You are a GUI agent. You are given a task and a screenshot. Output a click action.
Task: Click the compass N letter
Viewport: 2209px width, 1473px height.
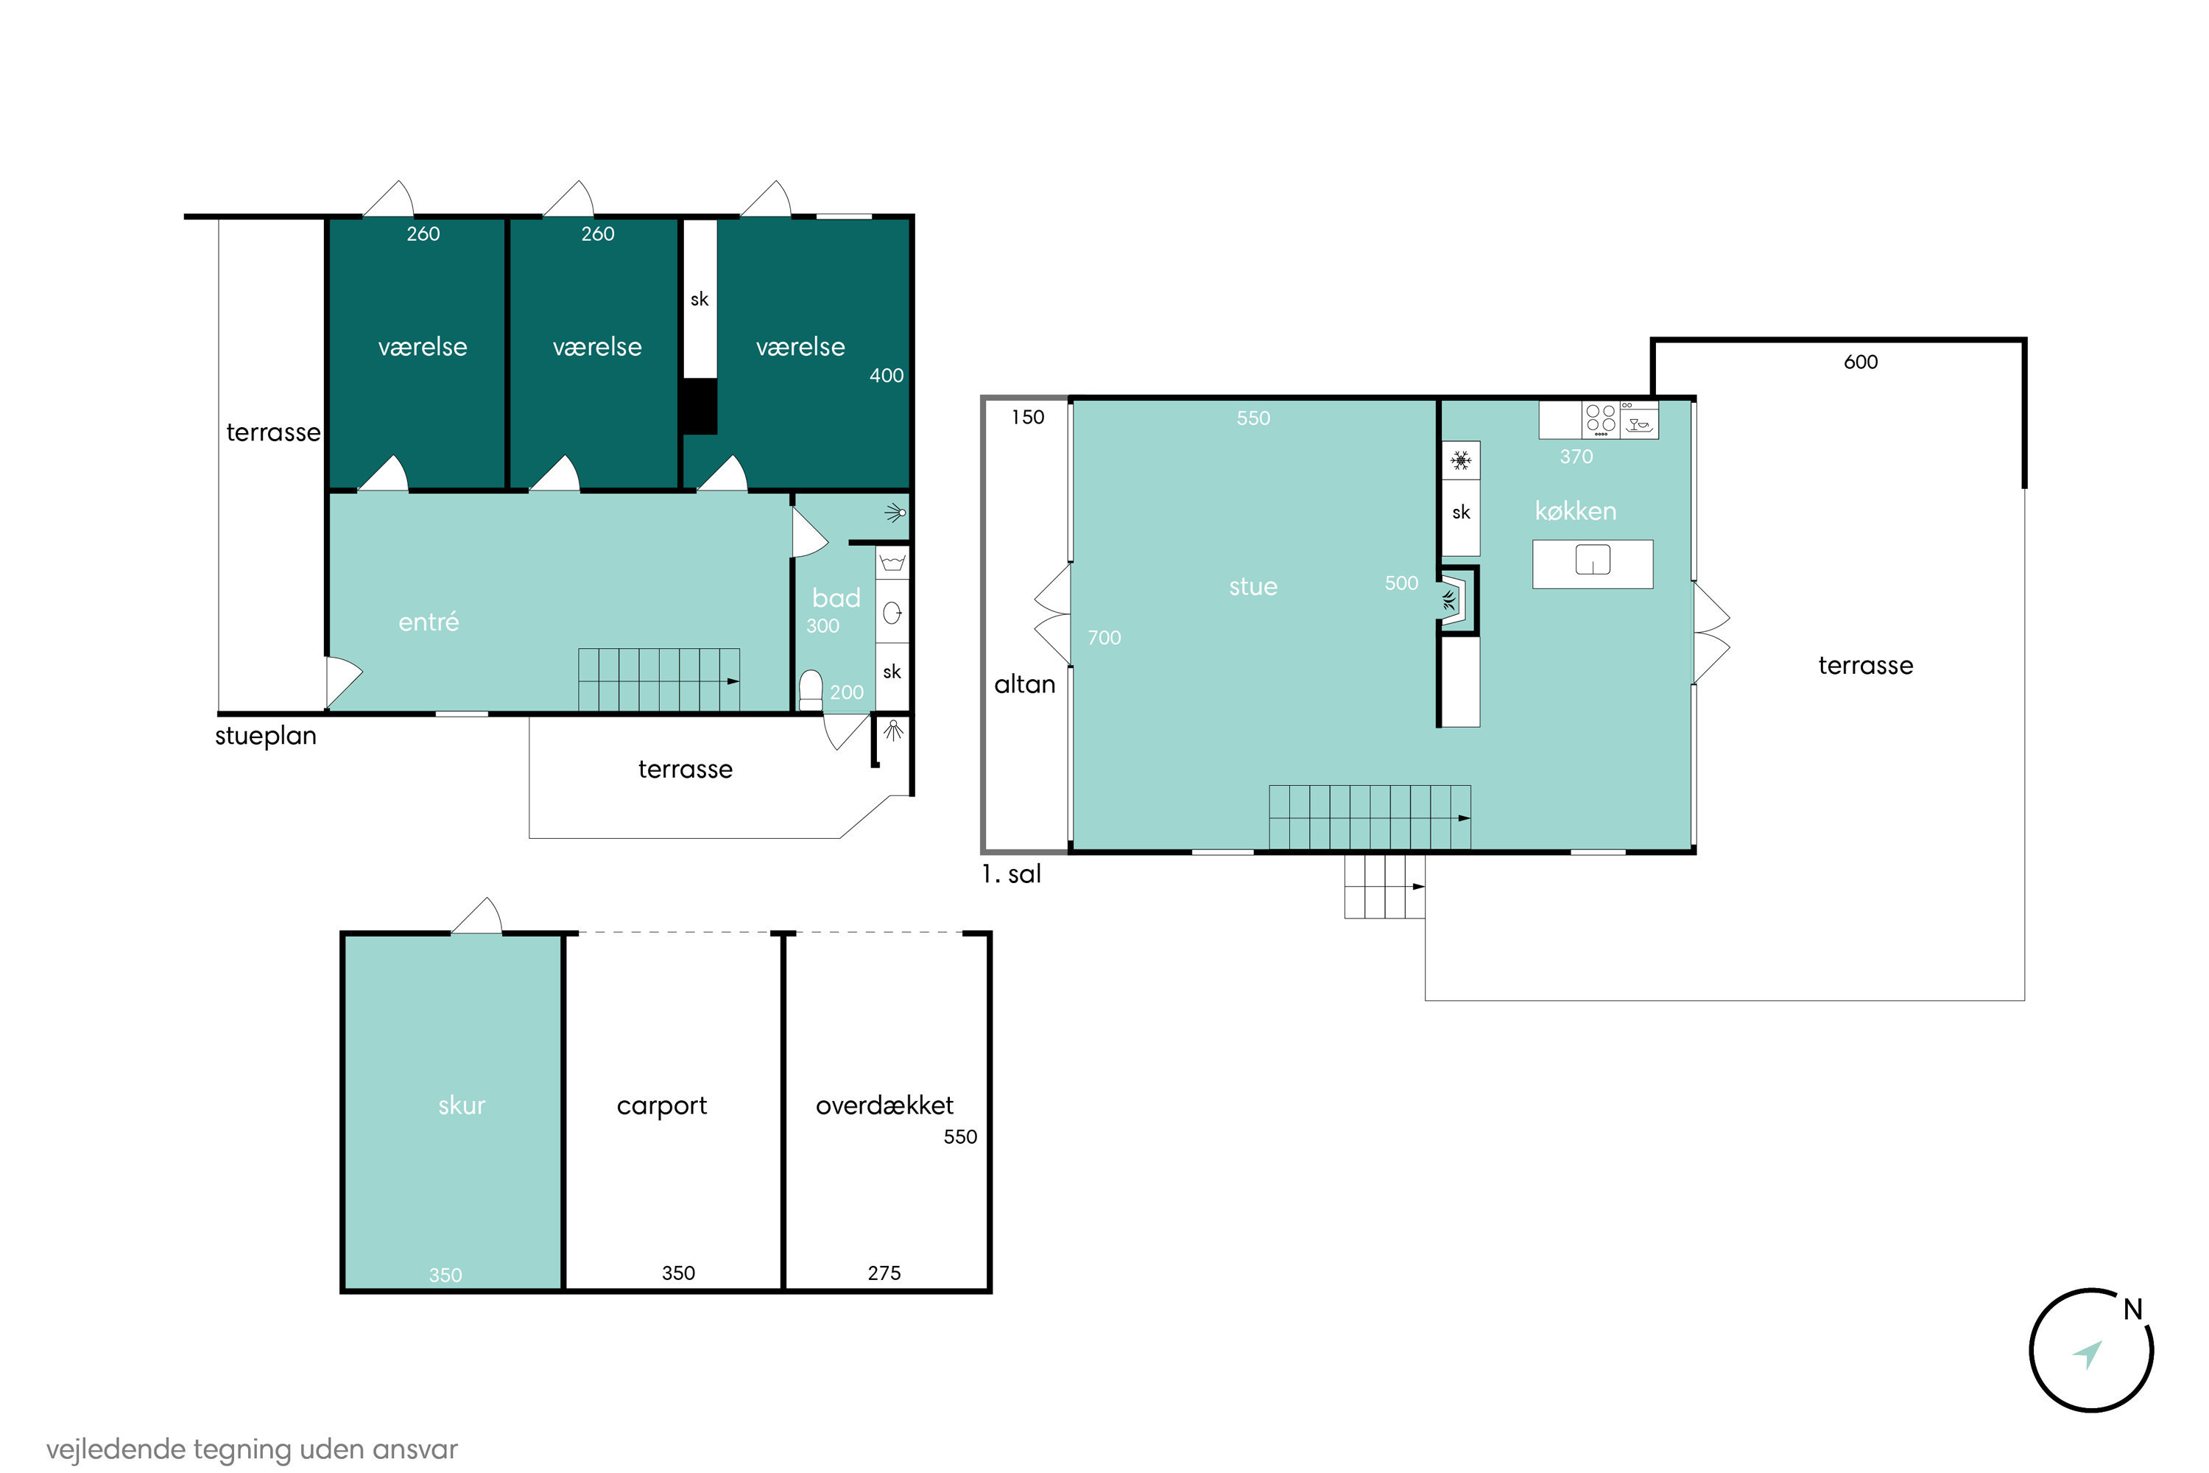(2133, 1309)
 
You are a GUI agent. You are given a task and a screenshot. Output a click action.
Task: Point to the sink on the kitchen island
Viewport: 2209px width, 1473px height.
(1593, 560)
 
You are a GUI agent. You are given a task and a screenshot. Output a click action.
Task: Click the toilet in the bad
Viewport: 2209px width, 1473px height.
(811, 689)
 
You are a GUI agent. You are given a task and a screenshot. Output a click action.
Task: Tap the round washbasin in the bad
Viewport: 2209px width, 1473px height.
(892, 614)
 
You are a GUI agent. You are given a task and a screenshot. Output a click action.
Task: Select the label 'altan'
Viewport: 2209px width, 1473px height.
(1025, 685)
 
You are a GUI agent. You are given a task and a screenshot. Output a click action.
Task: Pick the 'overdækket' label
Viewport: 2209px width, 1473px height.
(885, 1105)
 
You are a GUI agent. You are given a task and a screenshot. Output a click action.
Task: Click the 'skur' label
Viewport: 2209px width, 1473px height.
(462, 1105)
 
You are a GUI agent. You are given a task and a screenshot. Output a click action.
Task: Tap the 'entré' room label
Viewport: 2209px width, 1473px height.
(429, 621)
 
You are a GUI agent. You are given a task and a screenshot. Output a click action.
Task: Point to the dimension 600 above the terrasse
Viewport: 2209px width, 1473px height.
(1861, 362)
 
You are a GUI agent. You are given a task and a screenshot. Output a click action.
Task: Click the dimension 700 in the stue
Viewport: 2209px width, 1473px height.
(1104, 638)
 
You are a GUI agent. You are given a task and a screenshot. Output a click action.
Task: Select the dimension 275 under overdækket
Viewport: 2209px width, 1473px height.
(884, 1273)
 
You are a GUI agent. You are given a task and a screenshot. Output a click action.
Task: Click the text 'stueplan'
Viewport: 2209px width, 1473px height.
(266, 736)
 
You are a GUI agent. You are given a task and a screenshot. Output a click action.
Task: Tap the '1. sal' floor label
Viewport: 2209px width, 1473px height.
(1012, 875)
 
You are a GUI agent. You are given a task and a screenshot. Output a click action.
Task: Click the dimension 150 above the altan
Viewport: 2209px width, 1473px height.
(1027, 417)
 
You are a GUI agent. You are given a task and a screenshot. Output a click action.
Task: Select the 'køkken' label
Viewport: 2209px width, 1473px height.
(1576, 511)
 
